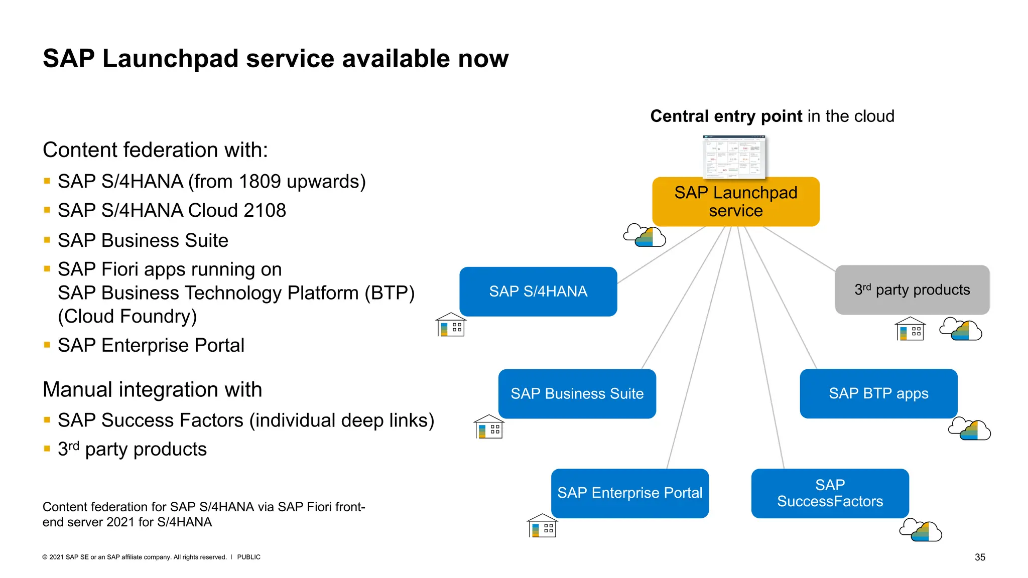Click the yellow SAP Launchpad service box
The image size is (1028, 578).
pyautogui.click(x=735, y=201)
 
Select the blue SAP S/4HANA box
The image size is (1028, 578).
pyautogui.click(x=538, y=291)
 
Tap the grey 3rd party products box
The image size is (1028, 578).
pyautogui.click(x=912, y=290)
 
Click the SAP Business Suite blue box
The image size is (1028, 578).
pyautogui.click(x=577, y=393)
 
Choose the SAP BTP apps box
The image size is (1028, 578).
pyautogui.click(x=878, y=393)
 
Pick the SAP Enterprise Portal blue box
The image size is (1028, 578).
pyautogui.click(x=629, y=493)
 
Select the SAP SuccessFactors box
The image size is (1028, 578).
pyautogui.click(x=830, y=493)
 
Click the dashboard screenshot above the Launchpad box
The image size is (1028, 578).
pyautogui.click(x=734, y=156)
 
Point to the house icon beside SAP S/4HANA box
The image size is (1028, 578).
pyautogui.click(x=451, y=325)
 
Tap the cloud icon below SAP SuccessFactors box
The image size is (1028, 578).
pyautogui.click(x=921, y=530)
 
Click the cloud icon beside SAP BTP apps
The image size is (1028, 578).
pyautogui.click(x=969, y=429)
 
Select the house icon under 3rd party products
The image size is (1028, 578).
pyautogui.click(x=910, y=329)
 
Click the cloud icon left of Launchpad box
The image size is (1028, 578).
pyautogui.click(x=645, y=235)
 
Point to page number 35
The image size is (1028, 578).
pyautogui.click(x=980, y=557)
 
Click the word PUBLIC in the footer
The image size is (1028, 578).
pyautogui.click(x=248, y=557)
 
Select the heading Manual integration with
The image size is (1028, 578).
pyautogui.click(x=152, y=390)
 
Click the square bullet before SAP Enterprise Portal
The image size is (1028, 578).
pyautogui.click(x=47, y=345)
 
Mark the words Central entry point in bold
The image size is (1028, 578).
pyautogui.click(x=726, y=116)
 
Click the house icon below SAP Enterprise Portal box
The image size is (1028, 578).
pyautogui.click(x=542, y=526)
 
